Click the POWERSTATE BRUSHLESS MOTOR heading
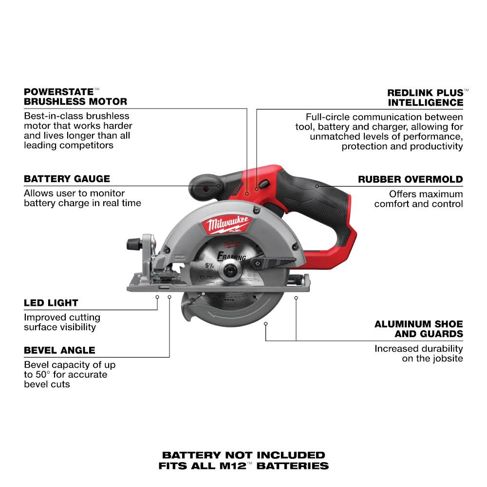[75, 96]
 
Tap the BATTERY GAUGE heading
[67, 179]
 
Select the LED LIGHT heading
[51, 303]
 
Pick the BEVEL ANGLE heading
[59, 350]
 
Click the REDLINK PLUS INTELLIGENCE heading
[425, 97]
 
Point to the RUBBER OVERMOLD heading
[411, 179]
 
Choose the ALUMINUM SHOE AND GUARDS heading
[419, 329]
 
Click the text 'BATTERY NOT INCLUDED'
[243, 455]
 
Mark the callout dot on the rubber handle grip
[317, 186]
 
